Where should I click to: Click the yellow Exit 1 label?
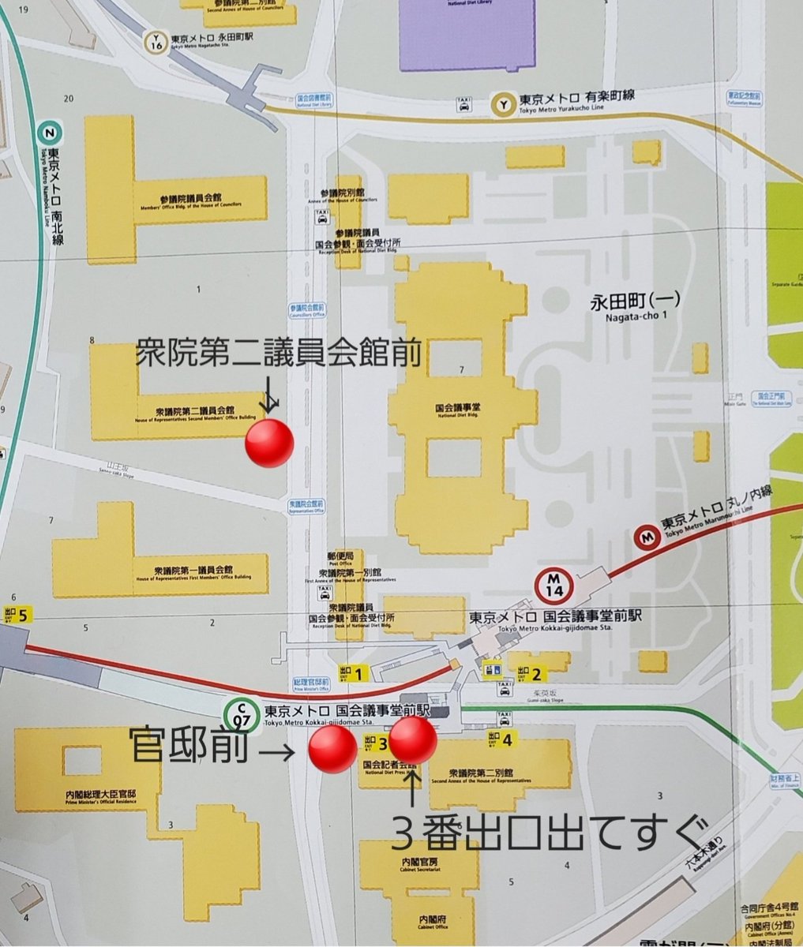[x=351, y=673]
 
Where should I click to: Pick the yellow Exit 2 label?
[x=528, y=673]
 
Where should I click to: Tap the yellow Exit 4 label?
[x=501, y=739]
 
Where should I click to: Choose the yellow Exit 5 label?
[x=17, y=615]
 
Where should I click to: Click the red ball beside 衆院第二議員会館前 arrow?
[x=269, y=444]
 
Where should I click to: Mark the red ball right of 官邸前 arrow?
[x=332, y=750]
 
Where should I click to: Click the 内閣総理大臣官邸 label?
[x=100, y=795]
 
